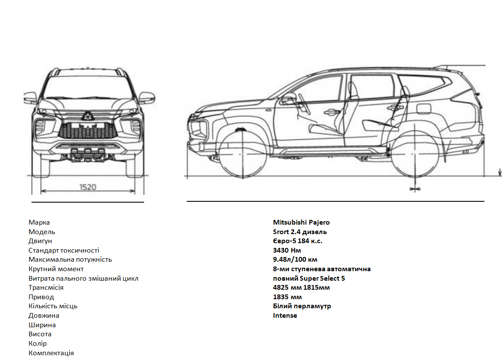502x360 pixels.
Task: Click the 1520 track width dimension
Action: tap(88, 187)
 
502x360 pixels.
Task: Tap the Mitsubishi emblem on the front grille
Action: tap(87, 116)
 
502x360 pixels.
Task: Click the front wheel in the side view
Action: tap(243, 154)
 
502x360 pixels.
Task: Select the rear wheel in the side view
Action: tap(415, 154)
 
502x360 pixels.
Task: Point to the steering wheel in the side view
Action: tap(304, 104)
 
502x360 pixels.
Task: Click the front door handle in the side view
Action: tap(331, 112)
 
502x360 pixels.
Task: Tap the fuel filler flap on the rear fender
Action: tap(424, 109)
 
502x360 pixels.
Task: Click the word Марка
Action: tap(39, 222)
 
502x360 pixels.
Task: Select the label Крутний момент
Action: tap(56, 269)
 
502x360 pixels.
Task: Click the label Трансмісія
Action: tap(46, 288)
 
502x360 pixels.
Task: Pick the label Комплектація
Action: tap(51, 353)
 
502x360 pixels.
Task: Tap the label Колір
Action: tap(38, 343)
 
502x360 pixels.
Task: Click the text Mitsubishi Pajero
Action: tap(301, 222)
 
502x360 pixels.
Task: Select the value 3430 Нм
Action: tap(287, 250)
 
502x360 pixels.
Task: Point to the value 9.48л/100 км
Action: tap(295, 259)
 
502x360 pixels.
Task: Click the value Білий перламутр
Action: tap(302, 306)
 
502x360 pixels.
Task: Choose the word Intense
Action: tap(285, 315)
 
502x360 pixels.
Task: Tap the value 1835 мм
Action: tap(287, 297)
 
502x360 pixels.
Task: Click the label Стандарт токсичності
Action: tap(64, 250)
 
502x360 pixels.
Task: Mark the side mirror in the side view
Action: tap(288, 98)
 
